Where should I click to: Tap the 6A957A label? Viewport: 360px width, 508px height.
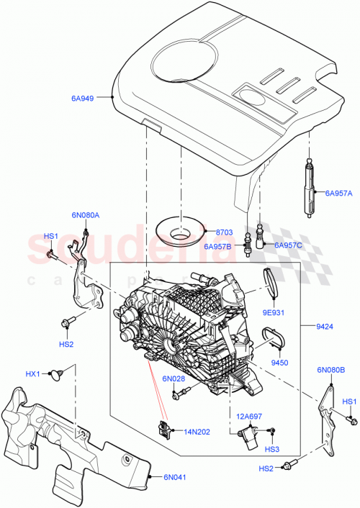coord(338,193)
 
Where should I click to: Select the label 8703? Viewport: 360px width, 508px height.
coord(225,232)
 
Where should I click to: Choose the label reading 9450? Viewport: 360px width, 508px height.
coord(279,363)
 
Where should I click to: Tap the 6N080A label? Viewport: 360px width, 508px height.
coord(86,214)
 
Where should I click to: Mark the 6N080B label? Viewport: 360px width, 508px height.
coord(330,371)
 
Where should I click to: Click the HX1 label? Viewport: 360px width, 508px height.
coord(33,373)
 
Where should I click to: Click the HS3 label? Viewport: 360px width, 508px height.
coord(271,450)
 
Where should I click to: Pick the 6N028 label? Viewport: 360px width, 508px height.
coord(174,379)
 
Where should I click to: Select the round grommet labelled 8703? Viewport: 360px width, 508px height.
coord(179,232)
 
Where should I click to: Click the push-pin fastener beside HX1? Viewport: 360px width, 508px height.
coord(59,374)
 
